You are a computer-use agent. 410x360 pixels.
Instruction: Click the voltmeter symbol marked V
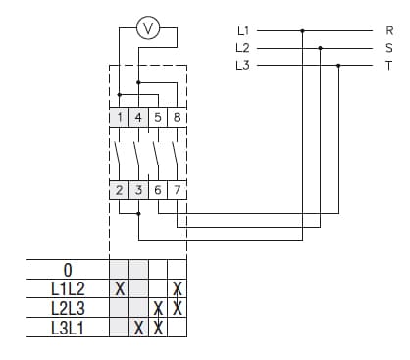click(148, 29)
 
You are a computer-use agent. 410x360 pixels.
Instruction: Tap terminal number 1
click(120, 117)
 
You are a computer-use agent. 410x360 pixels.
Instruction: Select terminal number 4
click(138, 117)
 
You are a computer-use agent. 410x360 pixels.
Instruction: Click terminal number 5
click(157, 117)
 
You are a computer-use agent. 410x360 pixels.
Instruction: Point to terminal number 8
click(177, 117)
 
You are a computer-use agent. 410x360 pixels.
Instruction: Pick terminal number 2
click(120, 190)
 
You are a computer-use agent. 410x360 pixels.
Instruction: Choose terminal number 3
click(138, 190)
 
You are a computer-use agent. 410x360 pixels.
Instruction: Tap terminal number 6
click(158, 190)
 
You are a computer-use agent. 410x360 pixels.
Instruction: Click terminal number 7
click(177, 190)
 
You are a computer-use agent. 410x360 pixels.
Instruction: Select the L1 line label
click(242, 30)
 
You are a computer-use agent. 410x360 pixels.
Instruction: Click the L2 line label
click(242, 47)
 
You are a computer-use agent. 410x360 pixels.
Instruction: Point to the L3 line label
click(242, 65)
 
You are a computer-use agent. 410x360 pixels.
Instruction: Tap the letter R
click(389, 30)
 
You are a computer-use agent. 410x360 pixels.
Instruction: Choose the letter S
click(389, 47)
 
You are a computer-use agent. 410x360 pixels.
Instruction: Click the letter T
click(389, 65)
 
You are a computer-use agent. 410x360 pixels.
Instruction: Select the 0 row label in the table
click(67, 270)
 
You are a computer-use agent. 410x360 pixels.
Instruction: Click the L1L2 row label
click(67, 289)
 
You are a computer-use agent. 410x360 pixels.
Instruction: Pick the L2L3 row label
click(67, 308)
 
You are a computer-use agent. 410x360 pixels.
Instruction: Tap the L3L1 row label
click(67, 328)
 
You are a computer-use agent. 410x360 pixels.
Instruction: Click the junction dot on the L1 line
click(302, 30)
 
